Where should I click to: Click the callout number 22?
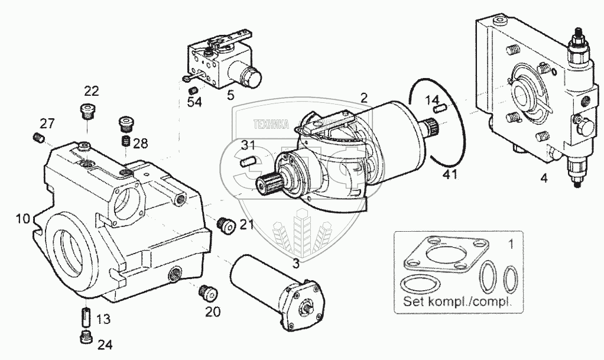click(x=91, y=91)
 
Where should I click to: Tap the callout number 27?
click(x=47, y=123)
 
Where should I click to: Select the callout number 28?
click(x=141, y=144)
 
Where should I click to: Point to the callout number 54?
click(x=194, y=102)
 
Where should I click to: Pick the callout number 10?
click(x=22, y=219)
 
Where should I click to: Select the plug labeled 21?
click(x=225, y=225)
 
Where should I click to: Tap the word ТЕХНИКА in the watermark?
click(x=269, y=125)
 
